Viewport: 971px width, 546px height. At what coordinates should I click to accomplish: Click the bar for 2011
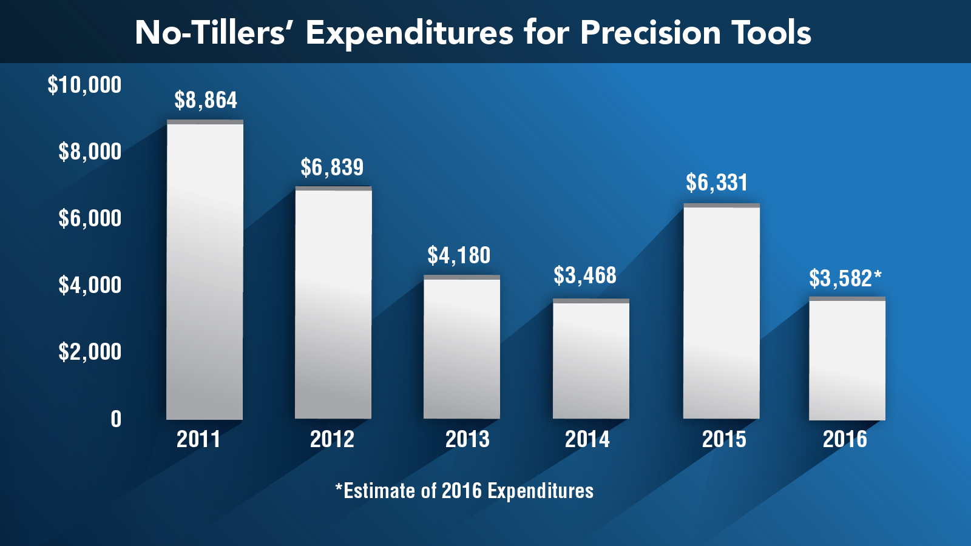(x=205, y=270)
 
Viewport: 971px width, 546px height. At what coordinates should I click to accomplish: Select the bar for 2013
(x=462, y=347)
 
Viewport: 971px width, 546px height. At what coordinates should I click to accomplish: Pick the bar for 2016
(x=847, y=359)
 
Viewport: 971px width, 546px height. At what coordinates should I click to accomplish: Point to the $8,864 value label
(x=206, y=100)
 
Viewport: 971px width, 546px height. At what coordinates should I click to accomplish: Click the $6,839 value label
(x=332, y=167)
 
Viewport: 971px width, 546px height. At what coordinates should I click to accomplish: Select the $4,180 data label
(x=459, y=255)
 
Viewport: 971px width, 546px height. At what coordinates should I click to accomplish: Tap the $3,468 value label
(x=585, y=275)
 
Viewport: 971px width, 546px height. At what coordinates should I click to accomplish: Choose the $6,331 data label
(x=717, y=183)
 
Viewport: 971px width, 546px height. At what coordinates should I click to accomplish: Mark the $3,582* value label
(x=845, y=278)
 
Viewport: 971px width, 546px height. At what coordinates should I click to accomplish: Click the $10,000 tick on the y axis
(x=85, y=85)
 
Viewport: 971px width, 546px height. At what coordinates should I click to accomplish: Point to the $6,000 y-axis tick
(x=90, y=218)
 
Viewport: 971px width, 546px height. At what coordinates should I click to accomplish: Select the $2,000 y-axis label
(x=90, y=352)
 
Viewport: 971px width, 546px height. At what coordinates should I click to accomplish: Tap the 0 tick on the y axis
(x=116, y=419)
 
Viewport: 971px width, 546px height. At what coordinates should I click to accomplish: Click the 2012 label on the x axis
(x=332, y=439)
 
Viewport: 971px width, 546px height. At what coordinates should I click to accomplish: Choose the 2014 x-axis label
(x=587, y=439)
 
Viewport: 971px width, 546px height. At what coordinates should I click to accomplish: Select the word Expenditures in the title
(x=410, y=33)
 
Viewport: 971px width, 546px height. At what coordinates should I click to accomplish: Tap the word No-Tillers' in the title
(x=210, y=33)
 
